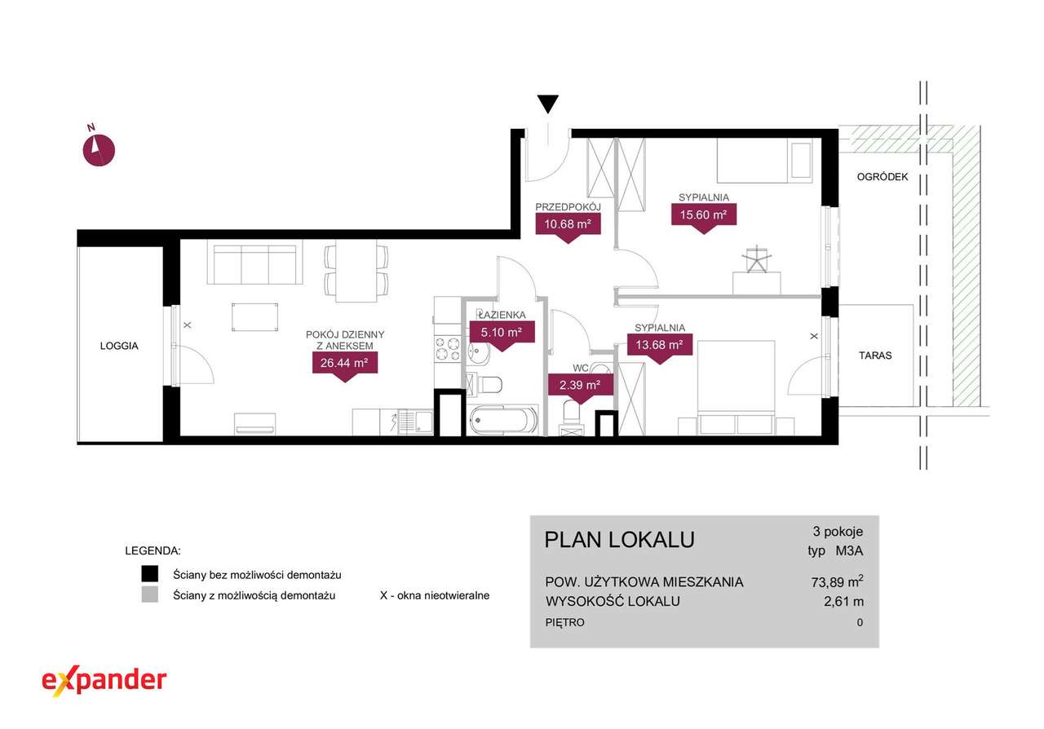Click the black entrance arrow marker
(547, 104)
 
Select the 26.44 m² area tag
(345, 366)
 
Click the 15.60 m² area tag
(704, 219)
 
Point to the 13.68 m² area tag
(660, 348)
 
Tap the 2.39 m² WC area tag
(580, 389)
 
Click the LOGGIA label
(119, 346)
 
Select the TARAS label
(875, 356)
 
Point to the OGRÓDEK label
(883, 177)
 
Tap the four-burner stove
(448, 350)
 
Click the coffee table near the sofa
(255, 317)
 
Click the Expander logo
(104, 681)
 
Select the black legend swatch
(149, 574)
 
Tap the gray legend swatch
(149, 594)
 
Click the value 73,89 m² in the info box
(837, 581)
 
